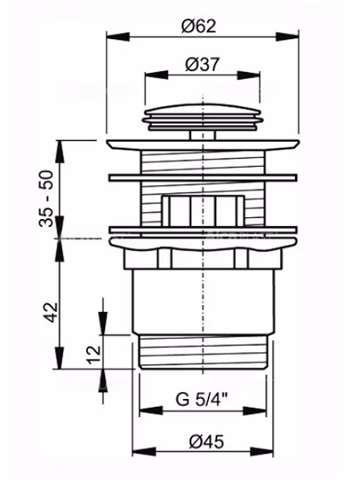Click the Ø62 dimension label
click(x=198, y=26)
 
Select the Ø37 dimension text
click(x=202, y=64)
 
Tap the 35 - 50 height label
click(x=46, y=198)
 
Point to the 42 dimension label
click(x=50, y=312)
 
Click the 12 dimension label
click(x=94, y=355)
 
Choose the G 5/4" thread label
click(x=202, y=399)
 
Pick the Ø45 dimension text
click(x=206, y=442)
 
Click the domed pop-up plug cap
click(x=203, y=118)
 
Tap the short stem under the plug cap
click(x=203, y=136)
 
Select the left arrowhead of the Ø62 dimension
click(x=118, y=37)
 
